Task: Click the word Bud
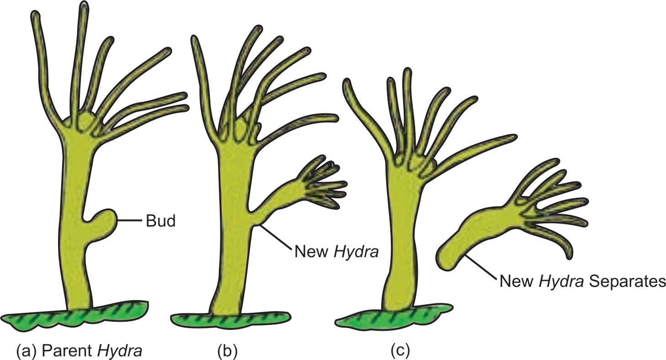tap(160, 222)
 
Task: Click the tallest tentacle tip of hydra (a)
tap(84, 7)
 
